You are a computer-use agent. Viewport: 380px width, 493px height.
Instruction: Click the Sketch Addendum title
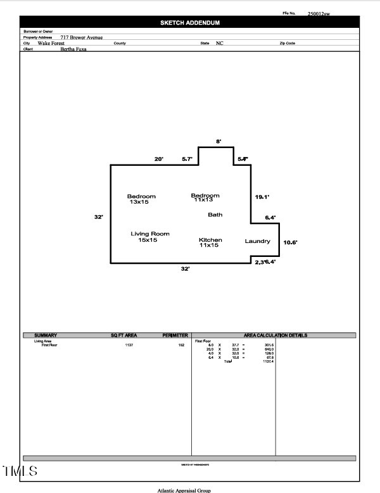tap(190, 23)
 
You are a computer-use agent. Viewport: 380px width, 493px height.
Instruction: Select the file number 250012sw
tap(319, 13)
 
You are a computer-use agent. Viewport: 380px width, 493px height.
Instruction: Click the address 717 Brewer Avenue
tap(81, 38)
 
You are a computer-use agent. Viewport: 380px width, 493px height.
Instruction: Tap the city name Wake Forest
tap(51, 43)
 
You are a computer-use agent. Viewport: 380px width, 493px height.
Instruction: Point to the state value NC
tap(220, 43)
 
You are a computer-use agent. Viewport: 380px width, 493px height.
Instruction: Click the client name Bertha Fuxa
tap(73, 49)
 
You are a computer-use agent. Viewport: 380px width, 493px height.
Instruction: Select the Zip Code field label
tap(287, 43)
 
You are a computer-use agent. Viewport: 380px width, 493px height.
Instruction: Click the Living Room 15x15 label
tap(150, 237)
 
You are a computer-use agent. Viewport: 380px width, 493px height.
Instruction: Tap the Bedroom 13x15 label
tap(141, 199)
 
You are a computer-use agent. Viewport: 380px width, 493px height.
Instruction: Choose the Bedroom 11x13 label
tap(205, 198)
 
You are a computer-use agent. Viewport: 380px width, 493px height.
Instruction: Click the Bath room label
tap(215, 215)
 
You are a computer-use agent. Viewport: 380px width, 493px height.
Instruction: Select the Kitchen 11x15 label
tap(210, 242)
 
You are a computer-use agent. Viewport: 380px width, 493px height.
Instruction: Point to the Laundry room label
tap(258, 241)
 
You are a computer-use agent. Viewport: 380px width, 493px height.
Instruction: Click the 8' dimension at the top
tap(218, 142)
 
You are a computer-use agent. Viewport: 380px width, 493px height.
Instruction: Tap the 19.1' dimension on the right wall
tap(262, 197)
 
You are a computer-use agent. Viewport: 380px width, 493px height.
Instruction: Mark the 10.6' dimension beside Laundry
tap(290, 242)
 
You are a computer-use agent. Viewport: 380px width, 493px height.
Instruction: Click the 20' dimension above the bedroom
tap(159, 159)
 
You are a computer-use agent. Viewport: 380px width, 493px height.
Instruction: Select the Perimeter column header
tap(175, 335)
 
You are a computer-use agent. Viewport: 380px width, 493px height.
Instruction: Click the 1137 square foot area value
tap(129, 345)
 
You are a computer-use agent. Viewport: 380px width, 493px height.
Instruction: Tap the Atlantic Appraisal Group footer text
tap(184, 490)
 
